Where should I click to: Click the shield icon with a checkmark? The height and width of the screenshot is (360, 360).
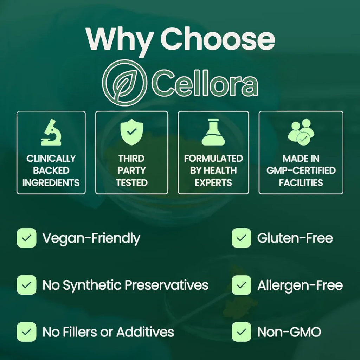click(131, 132)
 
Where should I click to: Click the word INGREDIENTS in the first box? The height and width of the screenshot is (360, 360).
click(51, 183)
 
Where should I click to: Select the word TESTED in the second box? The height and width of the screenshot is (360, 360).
click(131, 183)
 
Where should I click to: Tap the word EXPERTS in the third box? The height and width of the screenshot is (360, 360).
click(213, 183)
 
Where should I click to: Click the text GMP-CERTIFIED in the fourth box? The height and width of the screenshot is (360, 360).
click(301, 171)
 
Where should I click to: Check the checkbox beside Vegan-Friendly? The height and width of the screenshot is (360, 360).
click(26, 238)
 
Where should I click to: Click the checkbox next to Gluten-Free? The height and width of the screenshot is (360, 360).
click(242, 238)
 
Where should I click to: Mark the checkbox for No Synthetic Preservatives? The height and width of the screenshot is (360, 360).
click(26, 285)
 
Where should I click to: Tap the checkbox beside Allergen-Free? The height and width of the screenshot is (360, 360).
click(242, 285)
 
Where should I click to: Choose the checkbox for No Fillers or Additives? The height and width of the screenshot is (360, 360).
click(26, 332)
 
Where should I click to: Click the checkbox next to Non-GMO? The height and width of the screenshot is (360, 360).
click(242, 332)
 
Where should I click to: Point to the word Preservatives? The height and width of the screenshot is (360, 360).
click(167, 285)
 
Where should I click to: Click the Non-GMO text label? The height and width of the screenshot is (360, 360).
click(289, 332)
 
